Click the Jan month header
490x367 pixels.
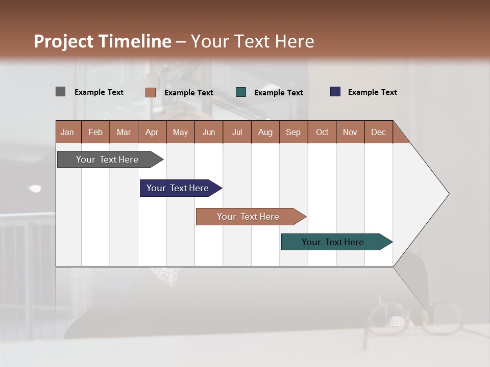click(68, 132)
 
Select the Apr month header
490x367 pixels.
click(152, 132)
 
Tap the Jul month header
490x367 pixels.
click(237, 132)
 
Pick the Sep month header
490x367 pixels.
click(293, 132)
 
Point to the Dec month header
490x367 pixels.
click(378, 132)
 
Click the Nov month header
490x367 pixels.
click(350, 132)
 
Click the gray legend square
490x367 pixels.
click(60, 92)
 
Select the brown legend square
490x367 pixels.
click(150, 92)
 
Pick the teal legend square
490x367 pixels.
click(241, 92)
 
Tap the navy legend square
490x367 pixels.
click(335, 92)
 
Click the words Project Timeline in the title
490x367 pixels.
click(102, 41)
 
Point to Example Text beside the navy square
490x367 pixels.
click(372, 92)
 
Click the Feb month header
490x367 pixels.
click(95, 132)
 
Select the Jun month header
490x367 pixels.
click(208, 132)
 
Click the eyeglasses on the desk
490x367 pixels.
click(413, 319)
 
